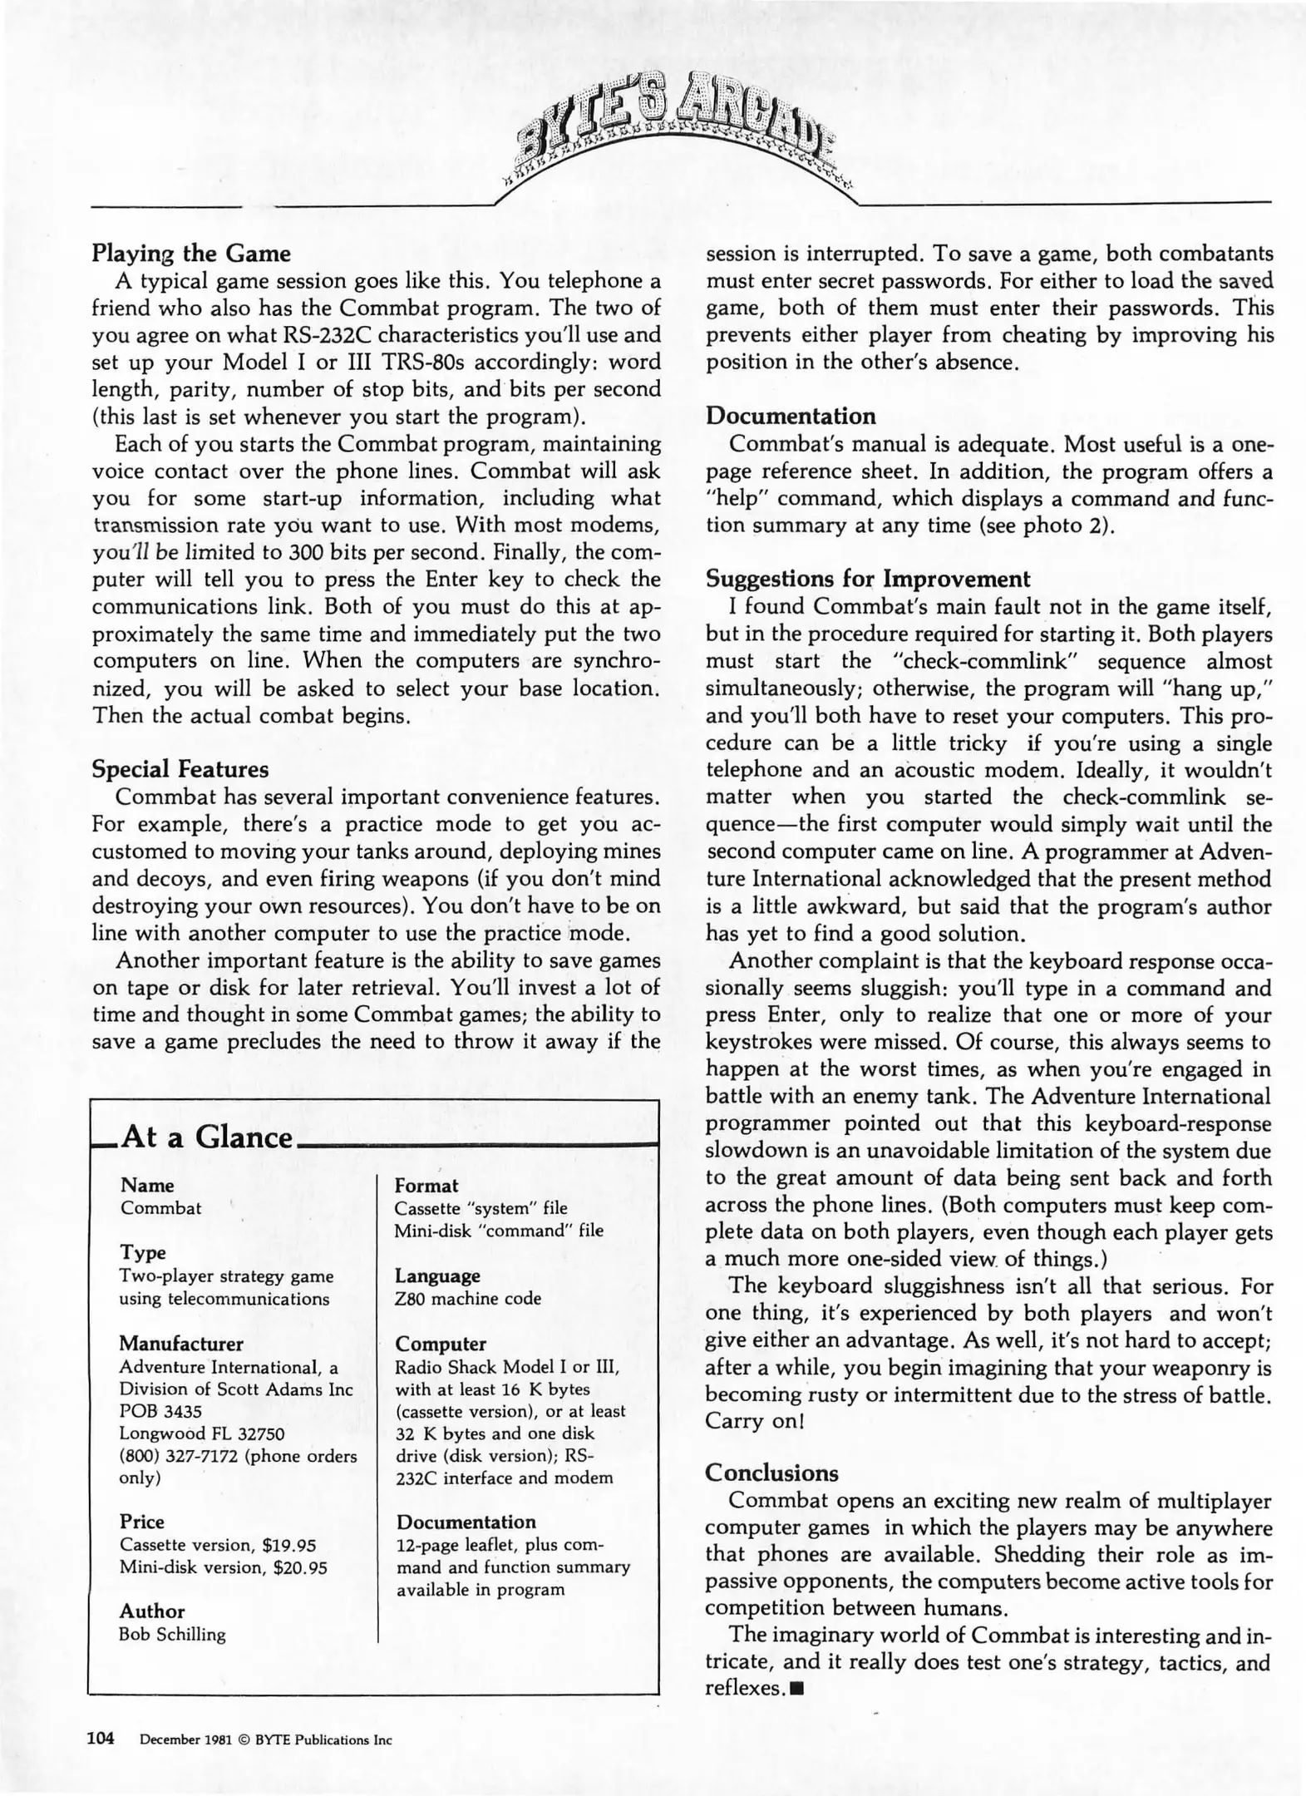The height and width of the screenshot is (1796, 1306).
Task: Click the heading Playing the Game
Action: [190, 254]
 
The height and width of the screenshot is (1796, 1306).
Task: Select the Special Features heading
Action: [180, 768]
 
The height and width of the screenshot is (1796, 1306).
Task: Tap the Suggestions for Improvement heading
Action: [867, 579]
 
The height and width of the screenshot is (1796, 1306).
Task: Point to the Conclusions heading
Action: [771, 1473]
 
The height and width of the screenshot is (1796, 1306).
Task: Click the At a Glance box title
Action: [207, 1137]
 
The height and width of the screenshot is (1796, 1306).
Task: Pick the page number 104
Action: [101, 1738]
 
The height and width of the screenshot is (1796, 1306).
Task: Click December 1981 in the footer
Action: [182, 1739]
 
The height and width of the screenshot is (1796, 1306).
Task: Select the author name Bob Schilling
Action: [172, 1634]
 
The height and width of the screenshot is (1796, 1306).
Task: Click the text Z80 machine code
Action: [467, 1298]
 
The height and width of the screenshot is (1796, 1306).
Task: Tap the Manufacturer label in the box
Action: [180, 1344]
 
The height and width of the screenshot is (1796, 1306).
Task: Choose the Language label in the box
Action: [437, 1275]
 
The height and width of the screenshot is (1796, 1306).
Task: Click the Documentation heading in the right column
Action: [791, 417]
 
